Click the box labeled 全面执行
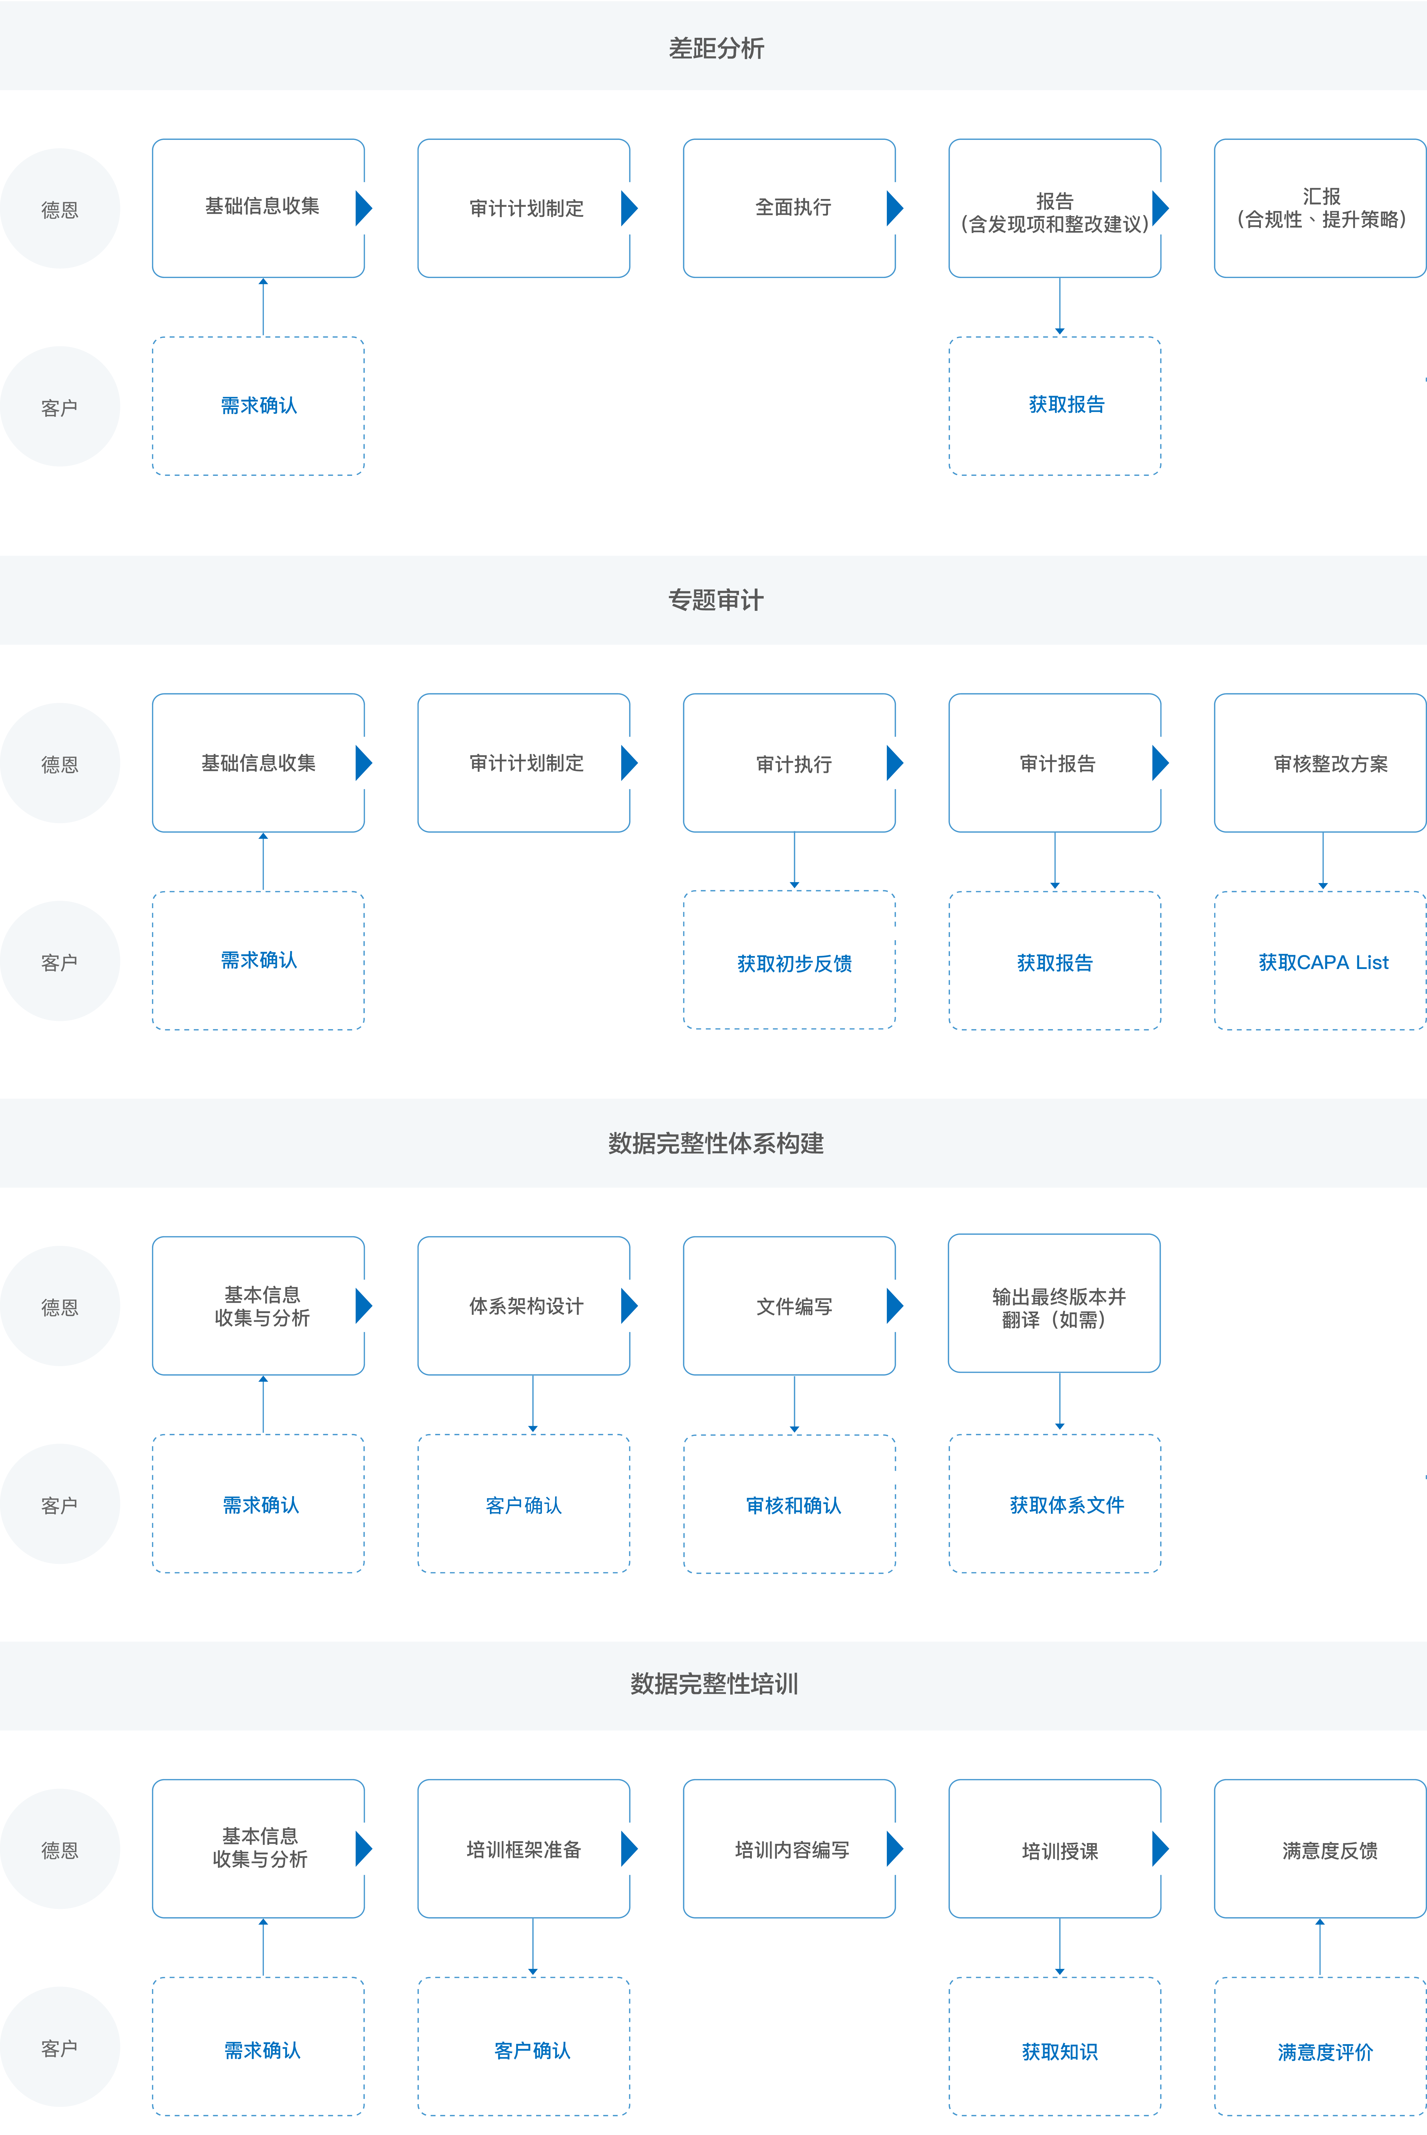click(789, 207)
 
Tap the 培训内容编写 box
click(789, 1848)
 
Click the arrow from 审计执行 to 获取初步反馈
click(795, 860)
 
